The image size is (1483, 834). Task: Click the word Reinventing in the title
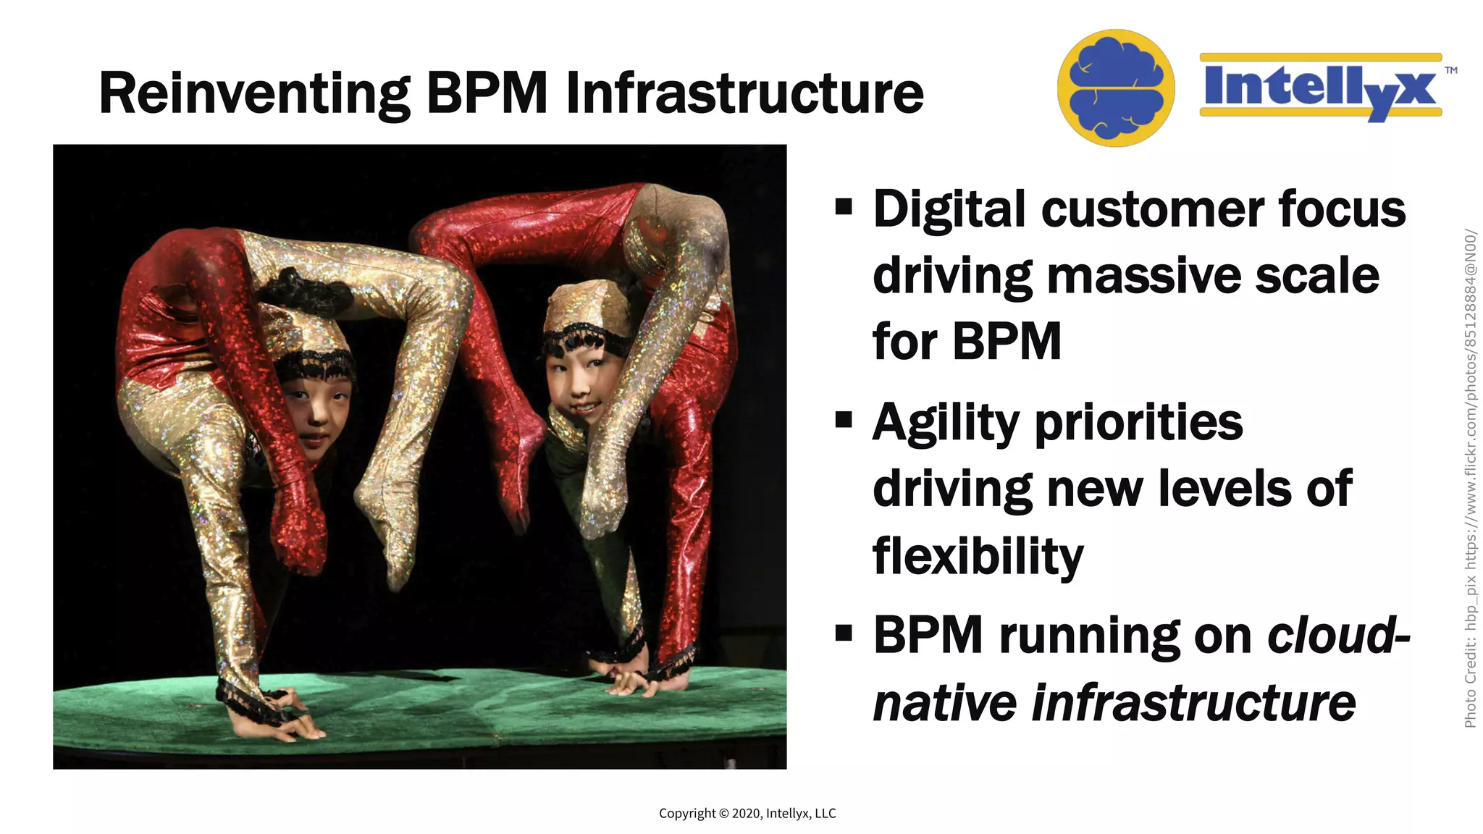pyautogui.click(x=253, y=94)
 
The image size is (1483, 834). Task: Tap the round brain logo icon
pyautogui.click(x=1115, y=88)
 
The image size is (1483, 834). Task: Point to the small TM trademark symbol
pyautogui.click(x=1450, y=71)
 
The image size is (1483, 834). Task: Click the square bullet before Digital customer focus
pyautogui.click(x=844, y=207)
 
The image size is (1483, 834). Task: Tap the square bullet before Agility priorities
pyautogui.click(x=844, y=420)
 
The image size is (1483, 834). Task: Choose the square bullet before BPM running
pyautogui.click(x=844, y=633)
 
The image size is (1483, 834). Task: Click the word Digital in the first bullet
pyautogui.click(x=949, y=210)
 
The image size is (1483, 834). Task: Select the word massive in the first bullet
pyautogui.click(x=1143, y=277)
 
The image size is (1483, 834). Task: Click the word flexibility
pyautogui.click(x=978, y=557)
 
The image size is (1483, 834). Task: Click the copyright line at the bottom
pyautogui.click(x=747, y=813)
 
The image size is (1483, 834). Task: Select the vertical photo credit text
pyautogui.click(x=1470, y=478)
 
